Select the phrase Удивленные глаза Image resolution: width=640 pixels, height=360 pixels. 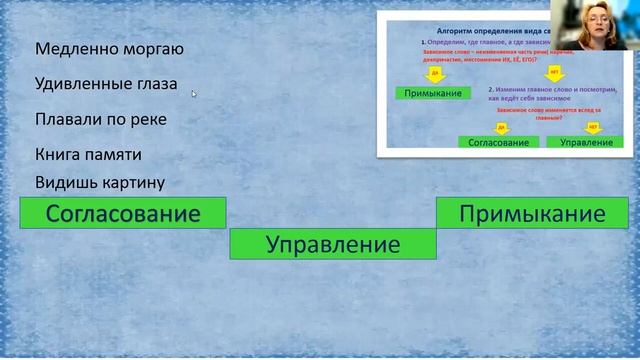pos(106,84)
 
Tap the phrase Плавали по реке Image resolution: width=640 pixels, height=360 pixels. pos(100,119)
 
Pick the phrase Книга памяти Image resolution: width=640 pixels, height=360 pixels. pos(88,155)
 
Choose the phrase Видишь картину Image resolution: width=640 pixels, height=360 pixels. pos(99,182)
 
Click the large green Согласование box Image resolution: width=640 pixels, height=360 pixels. pos(123,213)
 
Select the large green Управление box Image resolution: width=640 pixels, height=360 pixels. pos(333,244)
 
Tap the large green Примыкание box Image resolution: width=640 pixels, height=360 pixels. pos(533,213)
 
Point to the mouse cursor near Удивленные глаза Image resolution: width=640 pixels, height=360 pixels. pos(194,93)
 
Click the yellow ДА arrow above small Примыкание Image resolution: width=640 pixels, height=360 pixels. pos(433,75)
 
